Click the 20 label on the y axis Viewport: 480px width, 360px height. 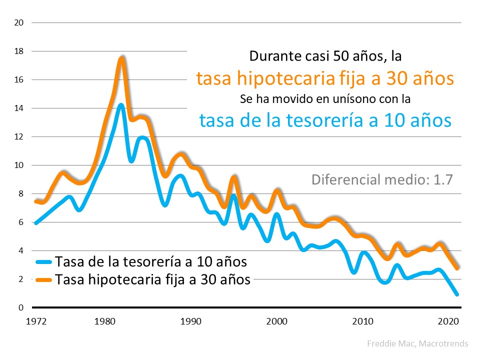click(x=19, y=23)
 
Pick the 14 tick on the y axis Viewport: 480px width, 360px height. click(x=19, y=108)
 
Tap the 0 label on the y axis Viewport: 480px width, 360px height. click(x=21, y=307)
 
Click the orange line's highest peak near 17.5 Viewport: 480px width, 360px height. click(x=121, y=58)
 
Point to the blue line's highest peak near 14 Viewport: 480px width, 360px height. click(x=121, y=105)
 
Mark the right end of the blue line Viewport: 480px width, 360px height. click(x=457, y=294)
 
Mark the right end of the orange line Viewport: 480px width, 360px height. click(x=457, y=268)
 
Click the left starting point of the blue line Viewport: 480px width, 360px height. click(x=36, y=222)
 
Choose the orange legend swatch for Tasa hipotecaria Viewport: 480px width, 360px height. click(x=44, y=279)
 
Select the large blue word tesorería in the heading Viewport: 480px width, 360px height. click(x=342, y=120)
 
